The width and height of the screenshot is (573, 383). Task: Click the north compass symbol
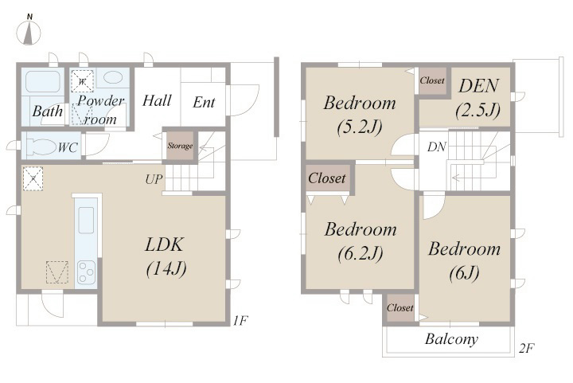[29, 30]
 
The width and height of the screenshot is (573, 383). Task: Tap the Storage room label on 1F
[180, 146]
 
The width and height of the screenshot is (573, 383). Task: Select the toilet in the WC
[41, 147]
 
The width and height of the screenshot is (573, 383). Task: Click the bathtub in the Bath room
[43, 81]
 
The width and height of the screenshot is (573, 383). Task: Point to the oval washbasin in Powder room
[113, 77]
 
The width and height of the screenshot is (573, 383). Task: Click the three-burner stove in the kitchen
[86, 272]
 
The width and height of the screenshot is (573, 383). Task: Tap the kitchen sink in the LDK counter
[86, 220]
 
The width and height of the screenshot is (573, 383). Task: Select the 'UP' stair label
[154, 179]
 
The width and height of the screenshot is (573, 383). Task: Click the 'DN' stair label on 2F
[436, 147]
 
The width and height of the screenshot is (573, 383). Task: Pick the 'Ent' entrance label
[204, 102]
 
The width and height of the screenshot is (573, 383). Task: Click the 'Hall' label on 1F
[157, 100]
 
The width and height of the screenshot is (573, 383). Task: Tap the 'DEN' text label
[478, 86]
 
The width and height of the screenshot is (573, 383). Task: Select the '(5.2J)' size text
[360, 127]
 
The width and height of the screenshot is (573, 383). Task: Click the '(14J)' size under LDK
[166, 268]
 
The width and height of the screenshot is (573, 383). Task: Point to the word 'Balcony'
[451, 338]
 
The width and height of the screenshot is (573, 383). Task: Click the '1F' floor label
[241, 321]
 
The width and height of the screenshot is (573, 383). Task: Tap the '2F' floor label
[527, 348]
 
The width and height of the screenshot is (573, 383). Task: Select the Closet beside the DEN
[432, 80]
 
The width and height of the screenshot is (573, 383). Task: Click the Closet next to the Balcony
[400, 307]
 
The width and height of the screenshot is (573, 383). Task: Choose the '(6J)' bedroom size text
[464, 272]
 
